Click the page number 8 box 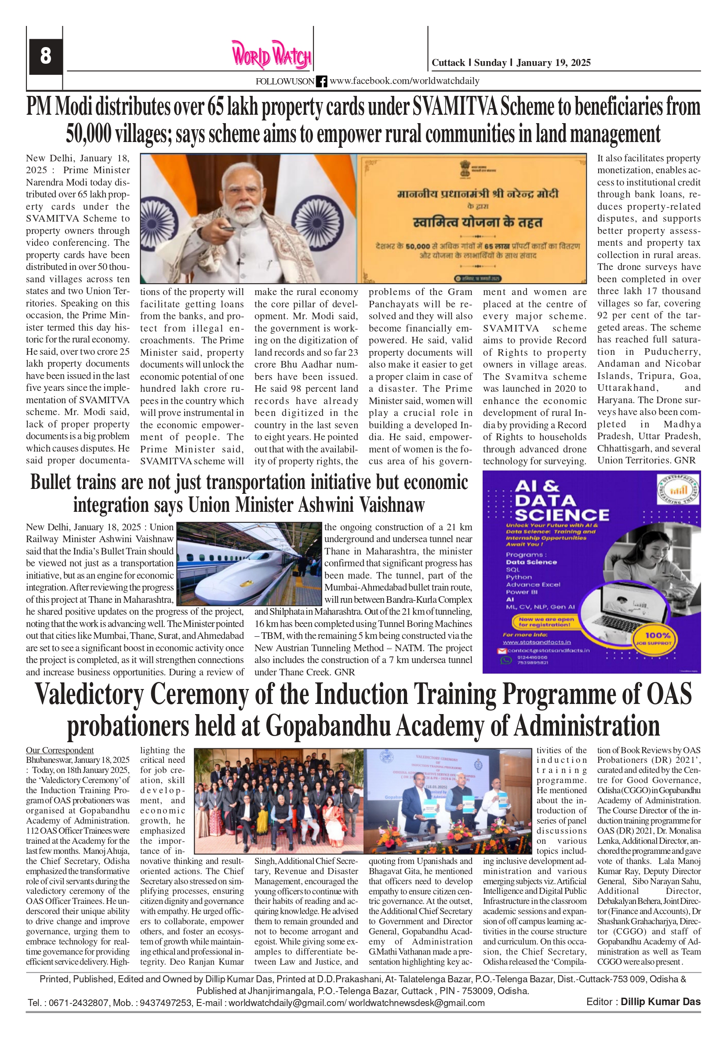click(x=45, y=57)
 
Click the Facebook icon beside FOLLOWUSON click(x=321, y=81)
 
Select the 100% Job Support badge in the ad click(x=657, y=638)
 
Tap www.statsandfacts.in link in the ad click(x=530, y=642)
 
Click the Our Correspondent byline click(x=60, y=750)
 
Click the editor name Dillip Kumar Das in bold click(x=660, y=1002)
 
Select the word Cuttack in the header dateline click(x=448, y=63)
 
